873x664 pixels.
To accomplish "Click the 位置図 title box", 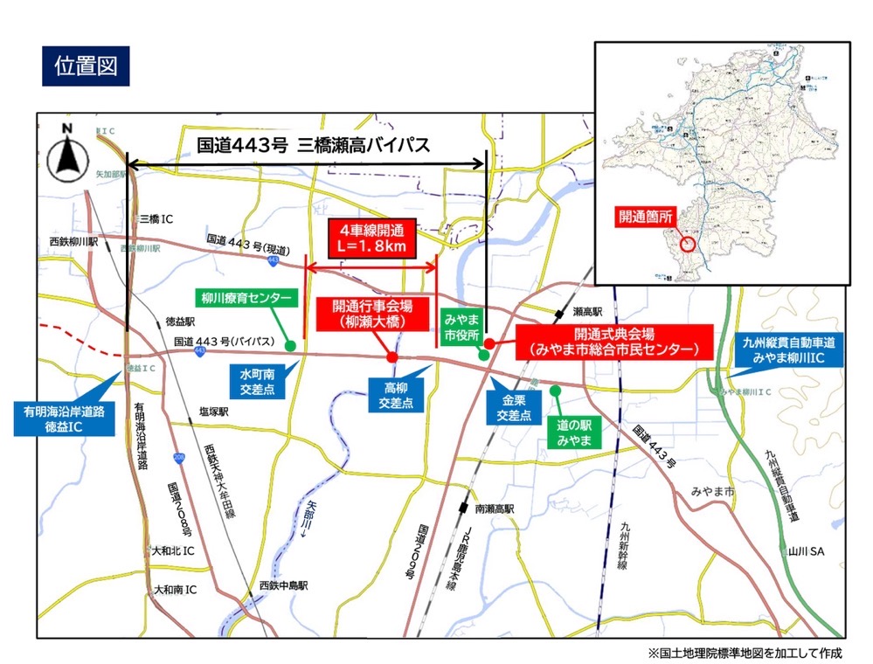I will tap(86, 66).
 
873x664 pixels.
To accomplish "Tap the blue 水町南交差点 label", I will tap(259, 382).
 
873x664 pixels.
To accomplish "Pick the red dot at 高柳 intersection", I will tap(392, 356).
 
